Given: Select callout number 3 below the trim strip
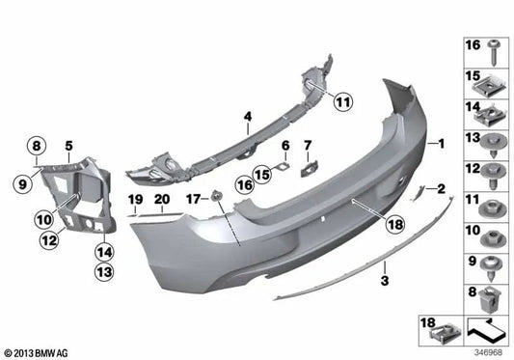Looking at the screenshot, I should click(384, 281).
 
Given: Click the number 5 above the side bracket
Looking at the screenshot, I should click(68, 146).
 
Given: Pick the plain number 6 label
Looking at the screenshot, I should click(285, 145).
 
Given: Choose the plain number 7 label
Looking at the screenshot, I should click(308, 145).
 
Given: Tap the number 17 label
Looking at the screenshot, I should click(193, 199).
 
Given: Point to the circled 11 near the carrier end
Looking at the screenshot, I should click(344, 99).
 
